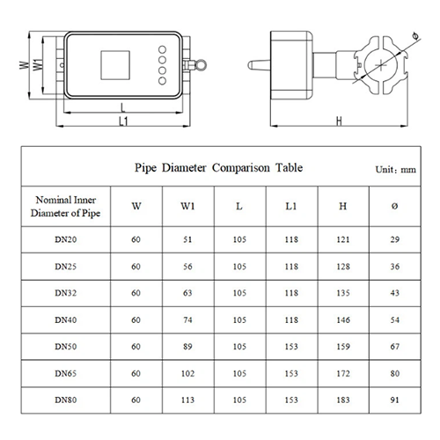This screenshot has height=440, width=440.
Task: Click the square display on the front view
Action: [x=115, y=65]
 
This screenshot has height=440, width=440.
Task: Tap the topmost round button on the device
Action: [x=162, y=49]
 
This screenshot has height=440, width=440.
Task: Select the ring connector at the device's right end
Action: [x=202, y=65]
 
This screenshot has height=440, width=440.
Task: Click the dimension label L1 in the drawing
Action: [x=123, y=121]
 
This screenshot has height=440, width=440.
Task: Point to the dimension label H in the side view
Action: [x=339, y=121]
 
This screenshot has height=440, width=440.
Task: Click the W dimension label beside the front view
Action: [x=25, y=65]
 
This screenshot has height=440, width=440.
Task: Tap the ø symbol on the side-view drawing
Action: [x=415, y=36]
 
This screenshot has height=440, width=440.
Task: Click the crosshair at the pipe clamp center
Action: [x=381, y=65]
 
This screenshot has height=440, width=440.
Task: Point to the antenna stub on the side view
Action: [x=259, y=65]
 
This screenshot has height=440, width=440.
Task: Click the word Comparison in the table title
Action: [x=241, y=168]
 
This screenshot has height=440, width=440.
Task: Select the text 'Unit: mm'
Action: [x=395, y=170]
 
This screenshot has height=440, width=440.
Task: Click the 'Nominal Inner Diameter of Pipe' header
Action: [x=66, y=207]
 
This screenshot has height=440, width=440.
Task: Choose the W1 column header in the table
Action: [x=187, y=206]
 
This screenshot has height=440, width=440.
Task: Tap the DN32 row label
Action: [x=66, y=293]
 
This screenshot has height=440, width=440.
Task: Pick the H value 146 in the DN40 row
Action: [x=343, y=319]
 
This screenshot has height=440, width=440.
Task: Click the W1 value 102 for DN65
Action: [x=187, y=373]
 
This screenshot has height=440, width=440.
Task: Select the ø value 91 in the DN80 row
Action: [x=395, y=400]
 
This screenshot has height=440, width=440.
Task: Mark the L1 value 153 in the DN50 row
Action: [x=291, y=347]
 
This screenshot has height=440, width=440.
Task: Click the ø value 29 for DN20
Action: [x=395, y=239]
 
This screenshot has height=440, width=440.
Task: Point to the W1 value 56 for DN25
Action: [x=187, y=267]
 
